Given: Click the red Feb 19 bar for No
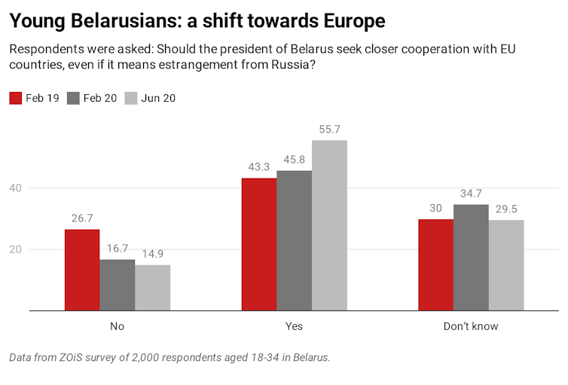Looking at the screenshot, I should pos(82,269).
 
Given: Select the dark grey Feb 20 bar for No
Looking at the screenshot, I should pos(118,285).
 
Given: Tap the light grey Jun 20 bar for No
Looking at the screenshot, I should pos(152,287).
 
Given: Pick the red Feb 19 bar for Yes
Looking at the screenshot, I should pos(258,244).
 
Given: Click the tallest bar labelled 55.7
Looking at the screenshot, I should pos(329,225).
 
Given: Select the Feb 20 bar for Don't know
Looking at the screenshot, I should pos(471,257).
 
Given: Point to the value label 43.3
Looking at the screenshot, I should pos(258,165).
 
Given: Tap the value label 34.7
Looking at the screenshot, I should pos(471,192).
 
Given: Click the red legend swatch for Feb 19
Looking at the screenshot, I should pos(15,98).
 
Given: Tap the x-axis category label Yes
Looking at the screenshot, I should pos(294,326).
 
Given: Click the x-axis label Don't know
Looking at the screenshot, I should pos(471,326).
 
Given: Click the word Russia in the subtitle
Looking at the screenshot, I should pos(287,66).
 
